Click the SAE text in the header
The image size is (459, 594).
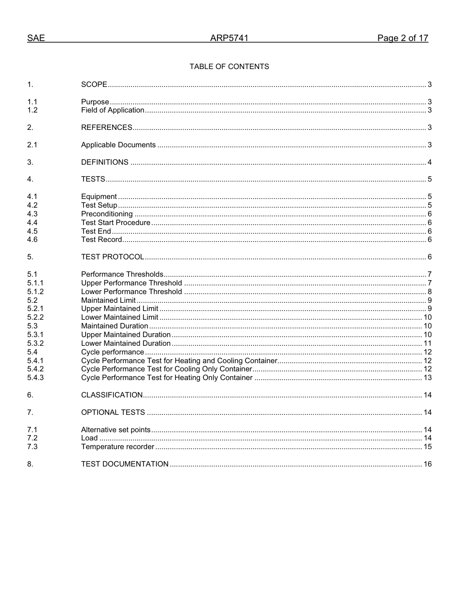tap(36, 39)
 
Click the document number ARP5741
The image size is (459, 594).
tap(229, 39)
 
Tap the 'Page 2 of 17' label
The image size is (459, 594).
tap(402, 39)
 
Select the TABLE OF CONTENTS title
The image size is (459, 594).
tap(229, 67)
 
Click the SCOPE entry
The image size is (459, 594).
tap(94, 85)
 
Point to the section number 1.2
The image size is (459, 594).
tap(32, 110)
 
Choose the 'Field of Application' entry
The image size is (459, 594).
tap(113, 110)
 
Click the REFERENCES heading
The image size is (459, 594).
tap(107, 127)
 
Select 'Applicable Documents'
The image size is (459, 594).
tap(118, 145)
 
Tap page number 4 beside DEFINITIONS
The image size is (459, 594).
tap(430, 162)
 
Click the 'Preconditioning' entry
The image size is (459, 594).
tap(107, 214)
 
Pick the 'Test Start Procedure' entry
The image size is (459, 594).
tap(115, 223)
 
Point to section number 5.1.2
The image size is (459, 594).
tap(35, 292)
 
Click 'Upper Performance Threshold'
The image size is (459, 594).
tap(131, 283)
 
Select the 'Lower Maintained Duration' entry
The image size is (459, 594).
tap(126, 343)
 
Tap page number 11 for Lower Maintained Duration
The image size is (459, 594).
tap(428, 343)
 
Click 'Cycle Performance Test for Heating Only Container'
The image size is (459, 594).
tap(167, 378)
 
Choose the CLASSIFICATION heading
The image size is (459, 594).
tap(112, 395)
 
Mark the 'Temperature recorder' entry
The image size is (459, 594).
tap(117, 447)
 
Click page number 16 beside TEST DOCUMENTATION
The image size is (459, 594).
tap(428, 464)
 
